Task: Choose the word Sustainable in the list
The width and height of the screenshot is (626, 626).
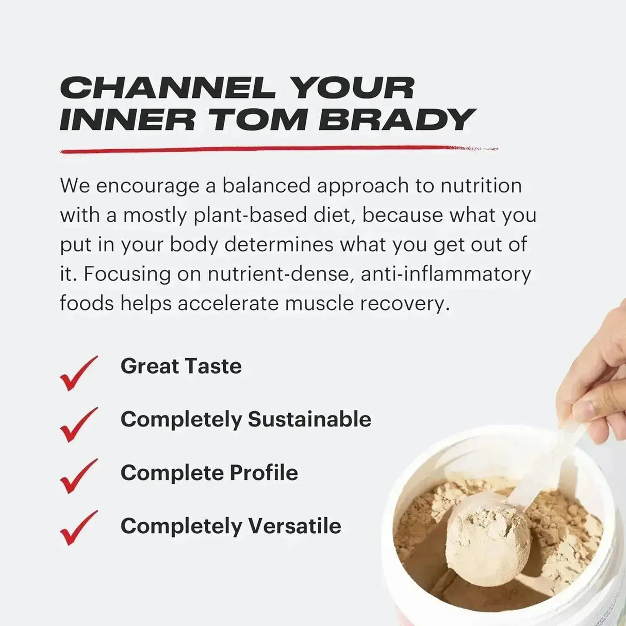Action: pyautogui.click(x=309, y=419)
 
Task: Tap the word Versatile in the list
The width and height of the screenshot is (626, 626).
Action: pyautogui.click(x=294, y=526)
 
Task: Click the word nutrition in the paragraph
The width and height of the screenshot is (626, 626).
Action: pyautogui.click(x=481, y=186)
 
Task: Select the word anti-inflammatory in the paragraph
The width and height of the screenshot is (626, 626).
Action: pyautogui.click(x=446, y=274)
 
